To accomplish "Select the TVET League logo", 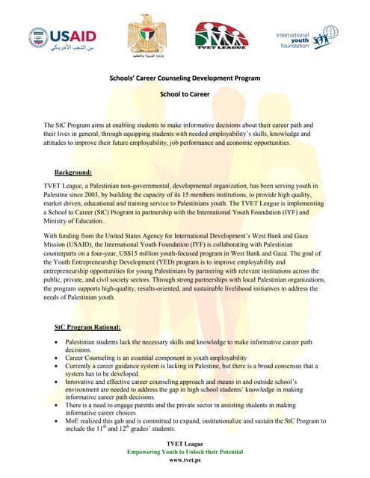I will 219,37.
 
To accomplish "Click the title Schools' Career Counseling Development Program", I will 184,77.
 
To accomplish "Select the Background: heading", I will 78,172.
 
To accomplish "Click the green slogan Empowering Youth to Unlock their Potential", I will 185,453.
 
